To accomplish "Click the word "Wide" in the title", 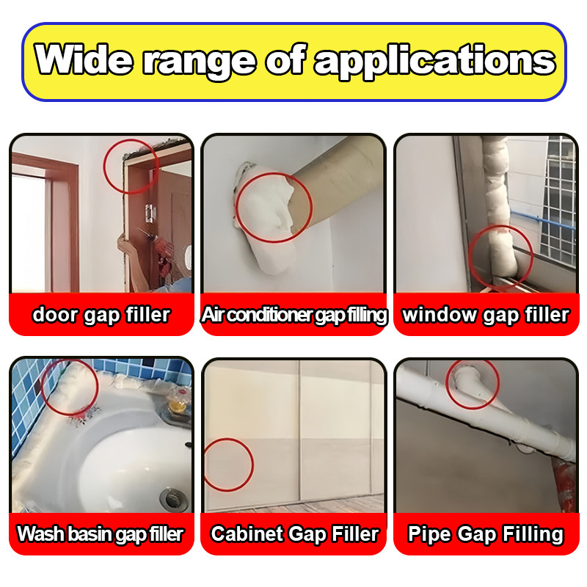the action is click(x=84, y=59).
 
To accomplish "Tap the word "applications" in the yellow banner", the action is click(x=434, y=61).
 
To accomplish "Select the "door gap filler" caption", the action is click(x=101, y=315).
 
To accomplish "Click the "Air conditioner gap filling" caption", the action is click(x=294, y=315).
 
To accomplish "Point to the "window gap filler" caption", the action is click(x=486, y=315).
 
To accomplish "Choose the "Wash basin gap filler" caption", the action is click(x=101, y=534).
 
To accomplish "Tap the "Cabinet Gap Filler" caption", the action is click(x=295, y=534).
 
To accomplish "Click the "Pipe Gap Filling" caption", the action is click(x=486, y=534).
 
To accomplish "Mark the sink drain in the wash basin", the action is click(x=173, y=498).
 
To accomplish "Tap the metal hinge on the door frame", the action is click(x=150, y=213).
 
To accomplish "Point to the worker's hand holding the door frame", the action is click(x=125, y=248).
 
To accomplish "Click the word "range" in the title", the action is click(x=200, y=62).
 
